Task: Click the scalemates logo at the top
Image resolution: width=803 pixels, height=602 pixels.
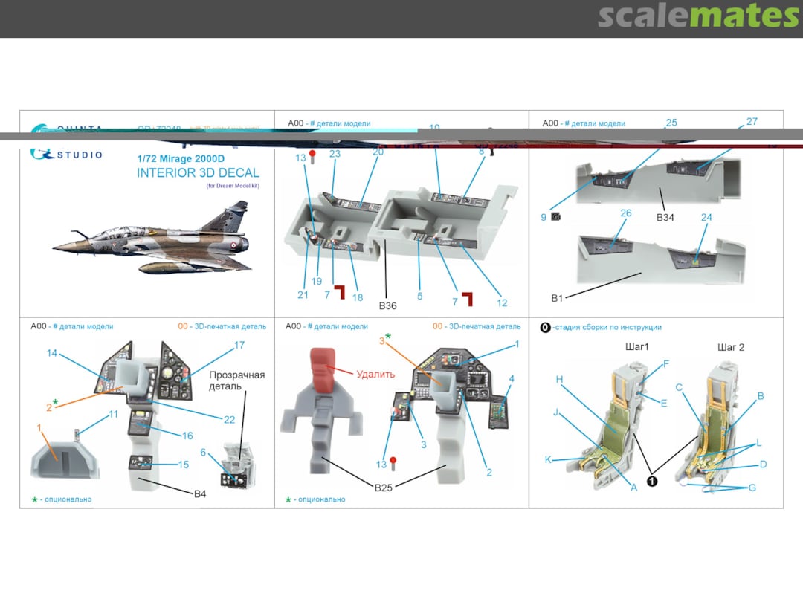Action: (x=698, y=16)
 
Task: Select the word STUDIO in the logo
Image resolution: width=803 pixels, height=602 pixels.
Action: (x=78, y=155)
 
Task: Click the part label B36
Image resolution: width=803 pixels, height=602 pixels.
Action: (x=388, y=305)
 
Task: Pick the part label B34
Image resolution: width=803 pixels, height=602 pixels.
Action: (x=665, y=217)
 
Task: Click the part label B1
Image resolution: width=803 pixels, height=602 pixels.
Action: (x=557, y=298)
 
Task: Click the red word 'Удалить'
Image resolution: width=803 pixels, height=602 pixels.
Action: (x=375, y=375)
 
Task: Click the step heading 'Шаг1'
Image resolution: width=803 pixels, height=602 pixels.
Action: (x=636, y=347)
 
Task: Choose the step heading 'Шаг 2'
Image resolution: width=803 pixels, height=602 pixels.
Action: (x=730, y=347)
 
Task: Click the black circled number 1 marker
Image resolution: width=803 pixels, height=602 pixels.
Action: (x=651, y=481)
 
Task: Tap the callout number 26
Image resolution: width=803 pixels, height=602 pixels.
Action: (x=625, y=213)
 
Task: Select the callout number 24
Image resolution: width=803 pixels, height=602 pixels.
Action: (x=706, y=218)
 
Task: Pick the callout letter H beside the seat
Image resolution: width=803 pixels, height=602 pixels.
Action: (x=558, y=379)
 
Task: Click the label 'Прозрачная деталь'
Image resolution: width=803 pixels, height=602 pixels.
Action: (x=236, y=381)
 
